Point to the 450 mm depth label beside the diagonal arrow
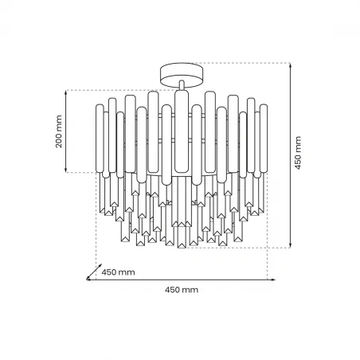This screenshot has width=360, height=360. pyautogui.click(x=119, y=272)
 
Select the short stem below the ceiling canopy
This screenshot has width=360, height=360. pyautogui.click(x=180, y=87)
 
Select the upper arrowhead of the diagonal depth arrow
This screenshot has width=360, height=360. pyautogui.click(x=98, y=265)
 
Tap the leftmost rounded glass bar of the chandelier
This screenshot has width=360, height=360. pyautogui.click(x=99, y=139)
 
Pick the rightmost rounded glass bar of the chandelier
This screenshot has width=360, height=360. pyautogui.click(x=263, y=139)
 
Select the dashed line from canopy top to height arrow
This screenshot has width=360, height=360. pyautogui.click(x=239, y=64)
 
